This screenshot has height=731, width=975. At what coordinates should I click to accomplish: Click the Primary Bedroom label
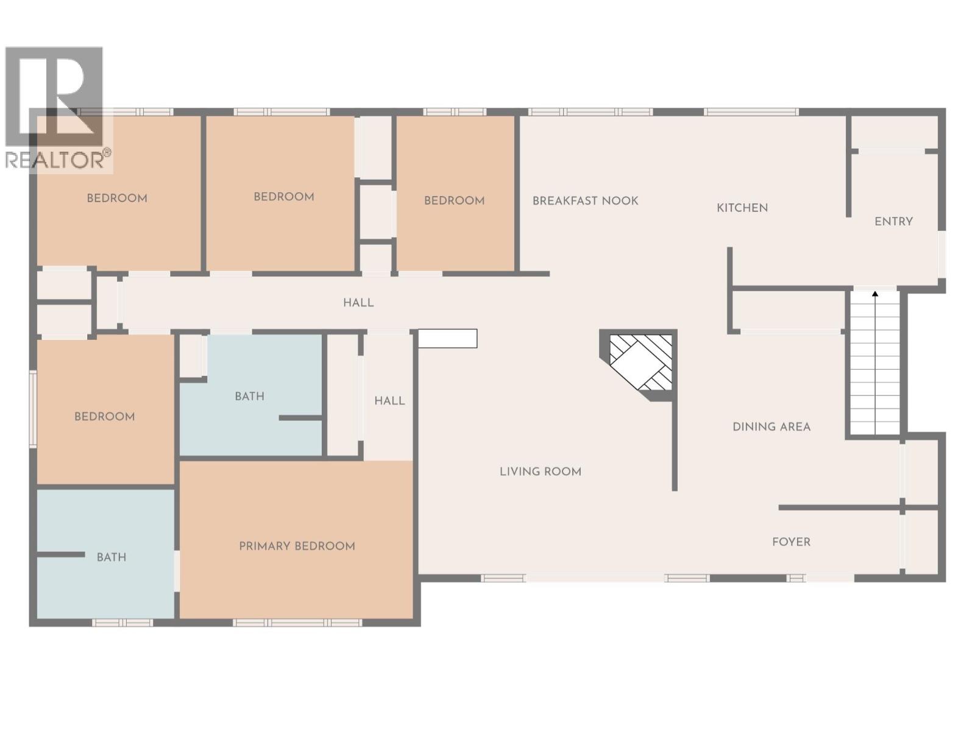tap(297, 546)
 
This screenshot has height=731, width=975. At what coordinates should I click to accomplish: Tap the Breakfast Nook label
tap(585, 200)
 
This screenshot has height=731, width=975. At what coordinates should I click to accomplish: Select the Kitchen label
tap(742, 208)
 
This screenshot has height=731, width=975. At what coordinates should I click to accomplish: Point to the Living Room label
tap(540, 471)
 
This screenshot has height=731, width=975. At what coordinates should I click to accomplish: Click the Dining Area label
tap(771, 426)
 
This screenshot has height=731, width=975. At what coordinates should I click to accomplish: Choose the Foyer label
tap(791, 542)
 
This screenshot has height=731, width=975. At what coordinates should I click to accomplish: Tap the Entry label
tap(893, 222)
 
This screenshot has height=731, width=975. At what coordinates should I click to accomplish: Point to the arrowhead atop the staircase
tap(875, 294)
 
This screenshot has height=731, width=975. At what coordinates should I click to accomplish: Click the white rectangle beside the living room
tap(448, 338)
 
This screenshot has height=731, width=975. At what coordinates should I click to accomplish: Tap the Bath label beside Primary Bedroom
tap(112, 557)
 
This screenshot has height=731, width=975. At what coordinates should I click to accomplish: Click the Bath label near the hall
tap(249, 397)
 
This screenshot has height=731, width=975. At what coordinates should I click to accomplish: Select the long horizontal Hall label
tap(358, 303)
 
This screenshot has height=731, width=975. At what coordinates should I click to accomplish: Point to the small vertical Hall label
tap(389, 401)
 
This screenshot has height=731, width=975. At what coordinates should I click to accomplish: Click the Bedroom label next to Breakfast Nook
tap(454, 200)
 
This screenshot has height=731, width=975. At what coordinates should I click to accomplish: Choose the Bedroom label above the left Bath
tap(104, 416)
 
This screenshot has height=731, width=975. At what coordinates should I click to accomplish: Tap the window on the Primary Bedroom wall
tap(297, 623)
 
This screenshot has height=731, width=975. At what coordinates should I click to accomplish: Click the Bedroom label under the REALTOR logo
tap(117, 198)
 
